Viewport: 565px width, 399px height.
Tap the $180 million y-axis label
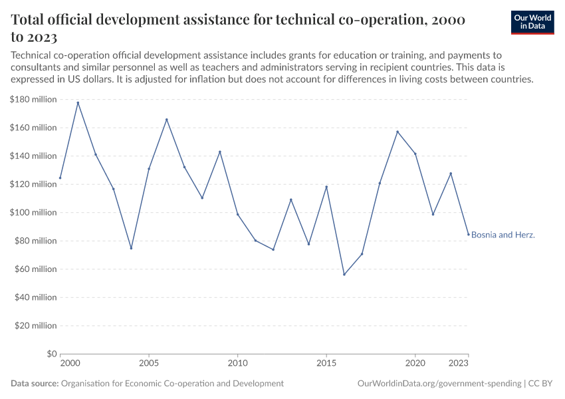[x=33, y=100]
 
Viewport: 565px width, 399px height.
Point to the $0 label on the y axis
[x=51, y=354]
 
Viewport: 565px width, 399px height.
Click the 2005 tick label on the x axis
[x=149, y=364]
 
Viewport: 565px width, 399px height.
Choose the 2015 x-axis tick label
[x=326, y=364]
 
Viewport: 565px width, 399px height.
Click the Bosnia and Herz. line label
[x=503, y=235]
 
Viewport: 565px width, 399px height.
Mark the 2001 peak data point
[x=78, y=102]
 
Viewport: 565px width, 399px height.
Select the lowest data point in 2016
[x=344, y=275]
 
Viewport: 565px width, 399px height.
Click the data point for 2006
[x=167, y=120]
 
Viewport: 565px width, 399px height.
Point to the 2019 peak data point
[x=397, y=132]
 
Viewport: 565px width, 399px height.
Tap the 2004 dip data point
[x=131, y=248]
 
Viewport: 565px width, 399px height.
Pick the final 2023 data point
[x=468, y=234]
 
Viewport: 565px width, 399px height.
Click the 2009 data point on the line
[x=220, y=152]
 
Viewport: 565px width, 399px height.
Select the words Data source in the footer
[x=35, y=384]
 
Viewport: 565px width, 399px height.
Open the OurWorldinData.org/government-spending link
[x=439, y=384]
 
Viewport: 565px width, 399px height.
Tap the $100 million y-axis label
[x=33, y=213]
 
